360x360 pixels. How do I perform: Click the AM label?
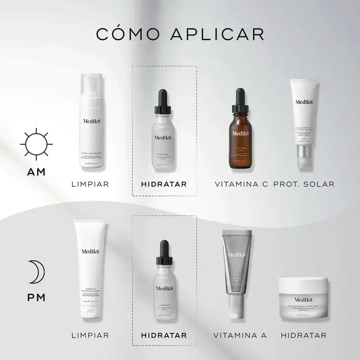(x=36, y=173)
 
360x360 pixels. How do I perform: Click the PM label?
(x=36, y=297)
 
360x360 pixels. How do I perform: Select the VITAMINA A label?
(x=240, y=335)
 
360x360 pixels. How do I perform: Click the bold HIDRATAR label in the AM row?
(x=164, y=184)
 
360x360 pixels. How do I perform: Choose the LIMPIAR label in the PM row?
(x=90, y=335)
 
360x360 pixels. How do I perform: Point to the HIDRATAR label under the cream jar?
(x=303, y=335)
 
